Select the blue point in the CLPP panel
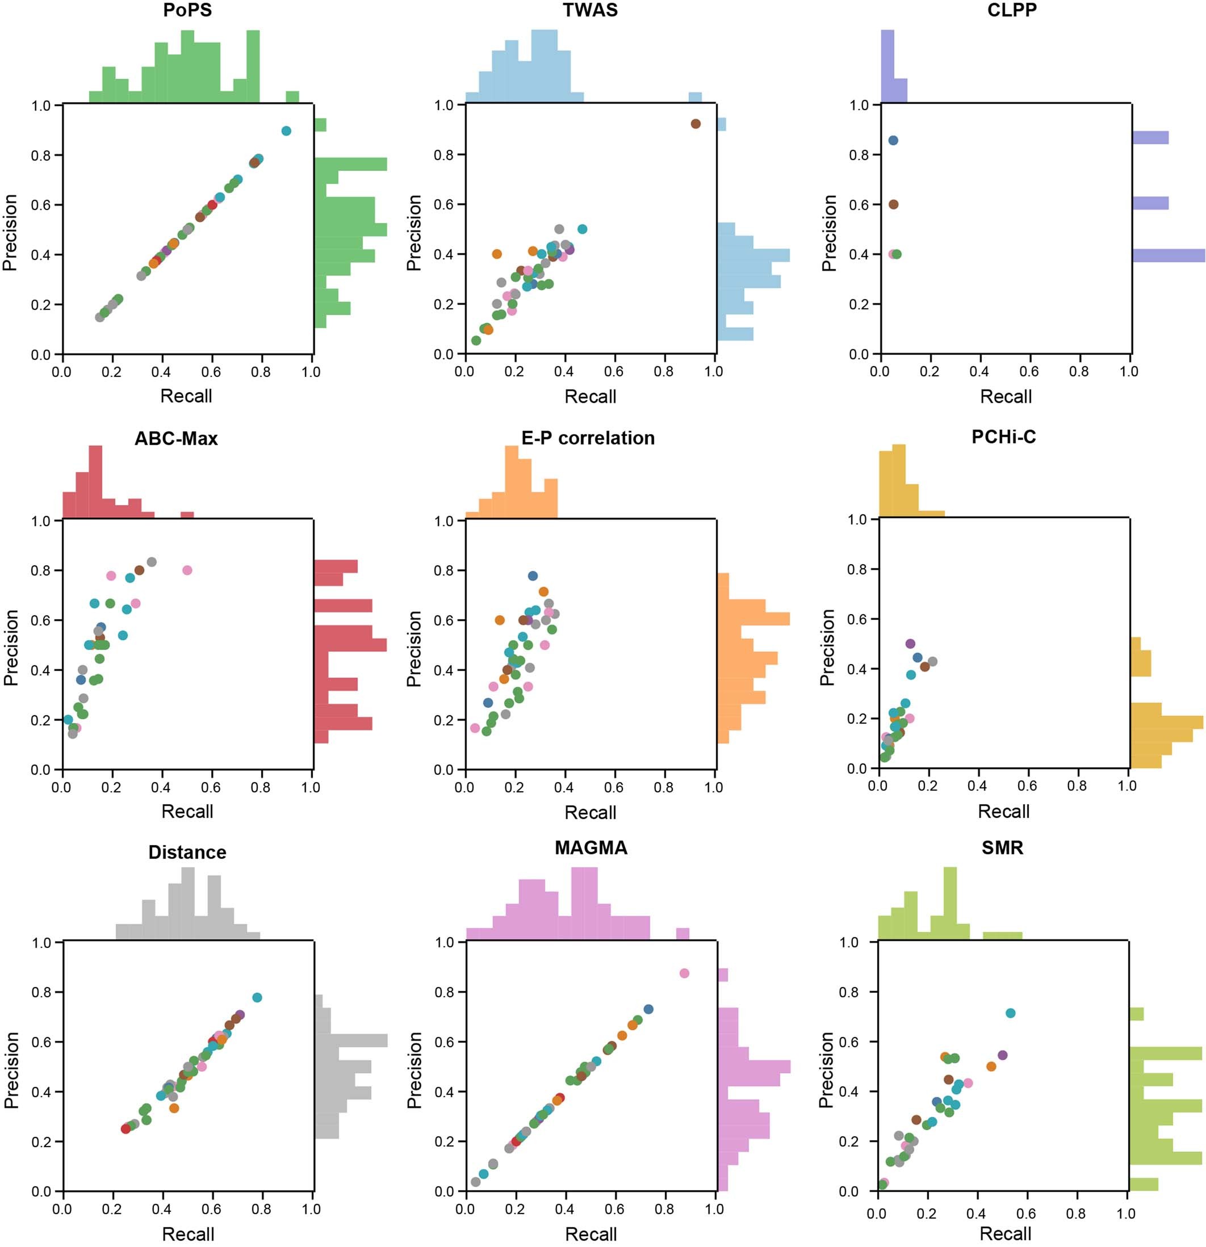point(893,141)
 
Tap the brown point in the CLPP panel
point(893,204)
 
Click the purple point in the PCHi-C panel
point(910,643)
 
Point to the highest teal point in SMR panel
point(1010,1013)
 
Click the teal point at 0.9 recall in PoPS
point(286,131)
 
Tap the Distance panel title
point(187,852)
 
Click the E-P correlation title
point(588,438)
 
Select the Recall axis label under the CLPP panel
point(1006,396)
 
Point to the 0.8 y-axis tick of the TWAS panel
point(443,154)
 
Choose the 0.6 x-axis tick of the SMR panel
point(1026,1214)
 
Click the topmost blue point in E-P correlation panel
point(533,576)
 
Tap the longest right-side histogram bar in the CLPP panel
point(1168,255)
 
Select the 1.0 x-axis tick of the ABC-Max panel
point(311,787)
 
